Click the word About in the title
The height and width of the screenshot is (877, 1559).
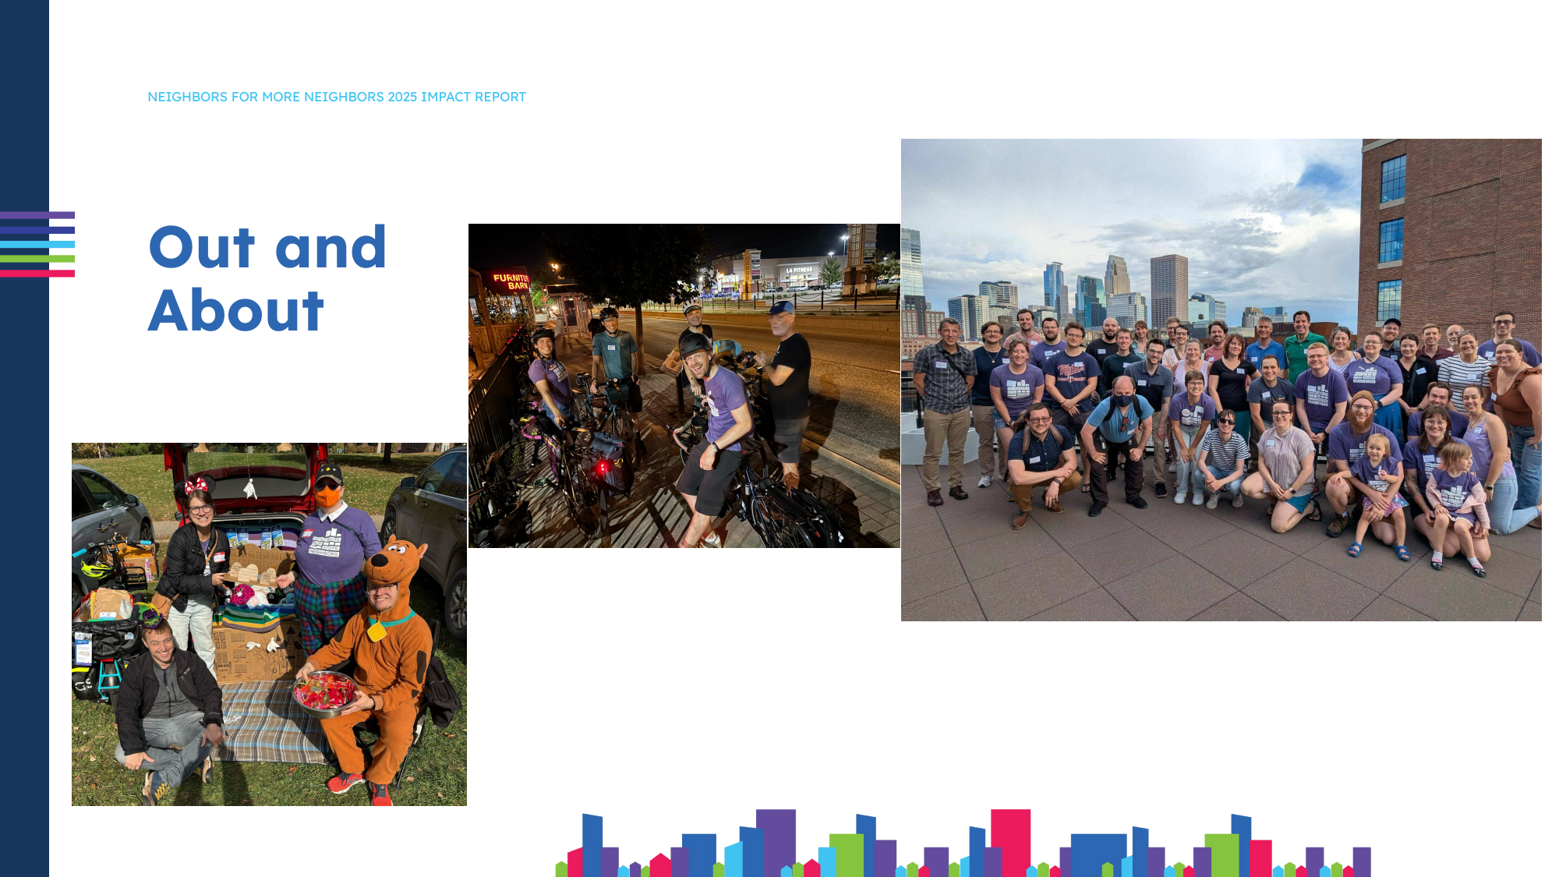[x=235, y=311]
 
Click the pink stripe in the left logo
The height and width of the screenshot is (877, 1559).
[x=37, y=274]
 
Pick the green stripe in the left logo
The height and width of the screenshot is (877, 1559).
[x=37, y=259]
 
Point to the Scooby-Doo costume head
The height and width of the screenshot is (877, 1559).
[x=396, y=565]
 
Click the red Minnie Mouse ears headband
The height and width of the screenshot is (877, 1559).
[x=196, y=485]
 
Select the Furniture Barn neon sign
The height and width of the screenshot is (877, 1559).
[x=511, y=281]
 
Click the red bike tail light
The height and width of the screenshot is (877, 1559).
[x=602, y=468]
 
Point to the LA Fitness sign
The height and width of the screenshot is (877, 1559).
[x=799, y=270]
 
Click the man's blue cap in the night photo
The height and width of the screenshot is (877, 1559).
[x=781, y=308]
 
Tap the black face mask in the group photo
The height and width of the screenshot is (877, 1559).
[x=1122, y=401]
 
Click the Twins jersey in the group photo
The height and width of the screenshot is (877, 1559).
[x=1072, y=375]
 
